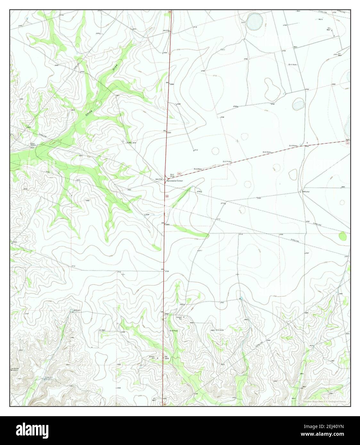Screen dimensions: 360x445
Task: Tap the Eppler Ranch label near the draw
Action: (x=33, y=144)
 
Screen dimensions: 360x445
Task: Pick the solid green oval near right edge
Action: (x=343, y=236)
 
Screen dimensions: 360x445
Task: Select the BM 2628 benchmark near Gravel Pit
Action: (x=167, y=357)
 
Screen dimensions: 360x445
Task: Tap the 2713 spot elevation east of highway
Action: (x=195, y=150)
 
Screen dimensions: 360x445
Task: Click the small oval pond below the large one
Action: (x=298, y=104)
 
